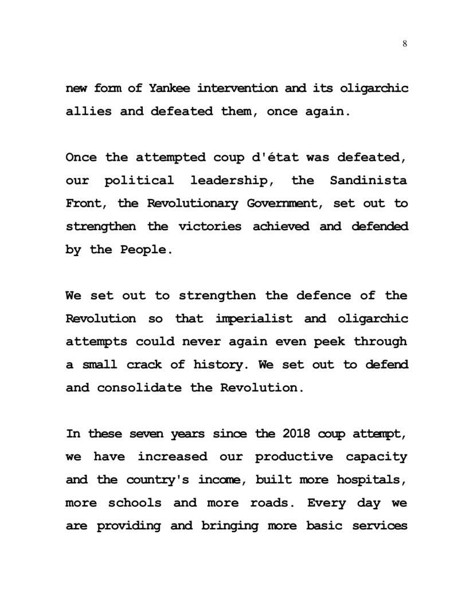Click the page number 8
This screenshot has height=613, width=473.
(405, 44)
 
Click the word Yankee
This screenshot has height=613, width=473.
(170, 88)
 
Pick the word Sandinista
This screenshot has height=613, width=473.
(369, 180)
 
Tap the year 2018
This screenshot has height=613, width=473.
(297, 434)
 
